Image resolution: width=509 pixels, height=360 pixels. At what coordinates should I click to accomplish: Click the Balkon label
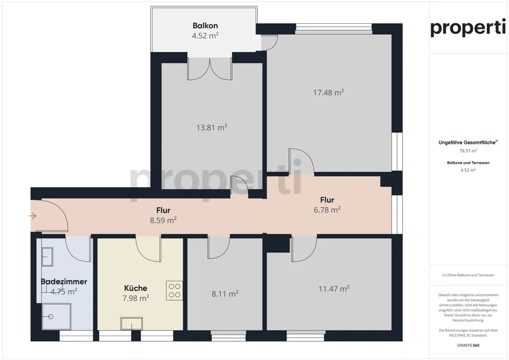(x=205, y=25)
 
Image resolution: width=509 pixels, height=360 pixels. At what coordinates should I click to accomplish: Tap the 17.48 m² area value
(x=328, y=93)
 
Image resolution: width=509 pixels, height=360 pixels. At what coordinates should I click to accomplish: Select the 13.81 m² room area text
(x=211, y=128)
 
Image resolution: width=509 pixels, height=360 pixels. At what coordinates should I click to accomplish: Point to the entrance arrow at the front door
(x=33, y=216)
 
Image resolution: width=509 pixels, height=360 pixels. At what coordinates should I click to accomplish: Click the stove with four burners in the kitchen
(x=174, y=290)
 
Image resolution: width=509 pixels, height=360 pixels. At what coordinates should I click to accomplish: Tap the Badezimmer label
(x=64, y=282)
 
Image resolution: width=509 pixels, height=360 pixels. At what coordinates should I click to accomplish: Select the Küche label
(x=135, y=288)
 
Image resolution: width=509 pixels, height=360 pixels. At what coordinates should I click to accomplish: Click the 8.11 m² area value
(x=225, y=294)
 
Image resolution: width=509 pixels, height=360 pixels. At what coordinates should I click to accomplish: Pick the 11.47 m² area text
(x=334, y=289)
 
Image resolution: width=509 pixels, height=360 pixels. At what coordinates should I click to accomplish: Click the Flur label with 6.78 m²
(x=327, y=200)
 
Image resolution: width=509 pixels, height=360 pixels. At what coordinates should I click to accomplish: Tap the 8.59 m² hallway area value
(x=163, y=220)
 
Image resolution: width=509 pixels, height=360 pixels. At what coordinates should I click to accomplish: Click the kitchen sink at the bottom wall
(x=131, y=323)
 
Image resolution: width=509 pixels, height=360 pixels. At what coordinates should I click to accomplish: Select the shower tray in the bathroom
(x=56, y=317)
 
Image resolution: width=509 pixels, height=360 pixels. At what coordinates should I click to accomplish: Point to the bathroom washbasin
(x=47, y=256)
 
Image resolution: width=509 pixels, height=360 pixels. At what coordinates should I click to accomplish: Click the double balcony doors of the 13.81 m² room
(x=210, y=69)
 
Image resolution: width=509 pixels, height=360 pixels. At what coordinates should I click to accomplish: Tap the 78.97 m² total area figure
(x=468, y=151)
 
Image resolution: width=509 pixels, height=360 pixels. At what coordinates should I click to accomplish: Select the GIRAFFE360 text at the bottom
(x=468, y=345)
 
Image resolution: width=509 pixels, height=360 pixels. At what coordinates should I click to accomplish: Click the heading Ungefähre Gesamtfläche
(x=467, y=142)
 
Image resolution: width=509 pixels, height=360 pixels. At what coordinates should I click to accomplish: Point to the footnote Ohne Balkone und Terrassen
(x=468, y=275)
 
